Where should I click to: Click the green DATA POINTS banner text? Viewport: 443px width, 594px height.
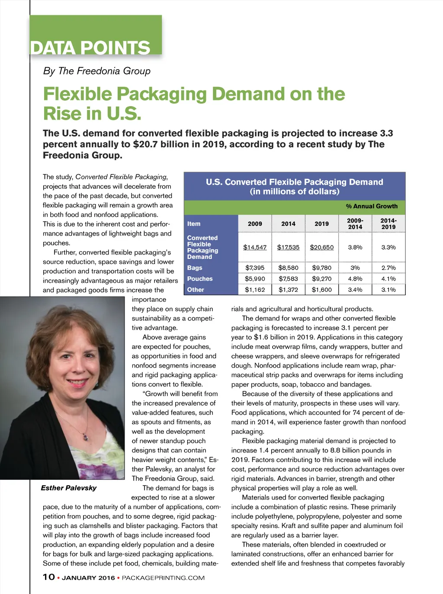[x=90, y=48]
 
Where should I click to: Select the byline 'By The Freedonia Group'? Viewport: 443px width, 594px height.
[x=96, y=71]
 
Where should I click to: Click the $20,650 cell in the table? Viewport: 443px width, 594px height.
[x=321, y=247]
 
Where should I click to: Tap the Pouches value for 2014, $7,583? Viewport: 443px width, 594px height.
[x=288, y=279]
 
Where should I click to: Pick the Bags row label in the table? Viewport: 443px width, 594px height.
[x=195, y=268]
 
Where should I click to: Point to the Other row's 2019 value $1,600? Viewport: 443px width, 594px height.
[x=321, y=290]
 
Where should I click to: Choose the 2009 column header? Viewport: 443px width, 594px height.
[x=255, y=224]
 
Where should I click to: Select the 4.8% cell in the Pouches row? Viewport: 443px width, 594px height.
[x=355, y=279]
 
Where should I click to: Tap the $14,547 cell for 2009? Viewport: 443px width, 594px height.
[x=255, y=247]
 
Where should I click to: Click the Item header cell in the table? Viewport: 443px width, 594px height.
[x=194, y=224]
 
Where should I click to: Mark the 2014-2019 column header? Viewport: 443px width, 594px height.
[x=388, y=224]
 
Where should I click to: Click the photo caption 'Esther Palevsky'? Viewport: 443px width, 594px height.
[x=69, y=488]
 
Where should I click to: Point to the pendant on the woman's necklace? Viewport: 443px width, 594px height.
[x=86, y=438]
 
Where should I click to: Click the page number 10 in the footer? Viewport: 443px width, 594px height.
[x=49, y=577]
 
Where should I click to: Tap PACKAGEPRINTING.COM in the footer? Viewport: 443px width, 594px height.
[x=163, y=578]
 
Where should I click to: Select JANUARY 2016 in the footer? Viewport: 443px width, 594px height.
[x=88, y=578]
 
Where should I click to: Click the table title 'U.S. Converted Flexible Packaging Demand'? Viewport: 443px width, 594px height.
[x=294, y=182]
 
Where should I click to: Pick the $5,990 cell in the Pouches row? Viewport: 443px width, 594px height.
[x=255, y=279]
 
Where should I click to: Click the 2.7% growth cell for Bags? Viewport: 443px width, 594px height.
[x=388, y=268]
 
